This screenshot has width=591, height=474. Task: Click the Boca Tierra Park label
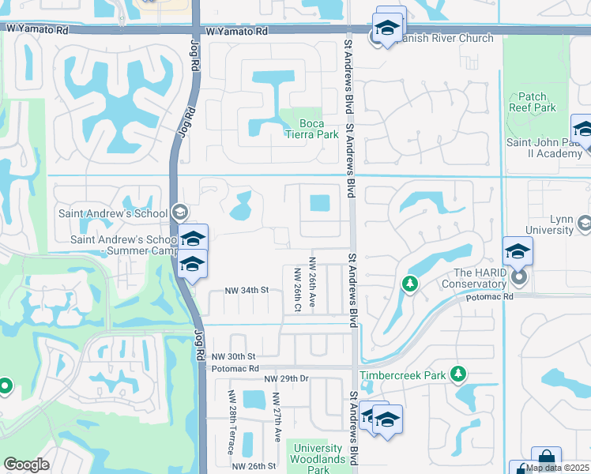318,129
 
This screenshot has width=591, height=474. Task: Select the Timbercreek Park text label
403,376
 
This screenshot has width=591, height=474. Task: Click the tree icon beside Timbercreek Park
457,373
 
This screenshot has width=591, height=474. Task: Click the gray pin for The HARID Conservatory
519,277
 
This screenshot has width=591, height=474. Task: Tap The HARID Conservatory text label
473,277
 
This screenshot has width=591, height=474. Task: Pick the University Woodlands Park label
318,454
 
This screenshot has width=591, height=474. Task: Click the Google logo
26,465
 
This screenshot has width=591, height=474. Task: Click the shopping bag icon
546,457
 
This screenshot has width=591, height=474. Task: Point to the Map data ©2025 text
558,468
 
